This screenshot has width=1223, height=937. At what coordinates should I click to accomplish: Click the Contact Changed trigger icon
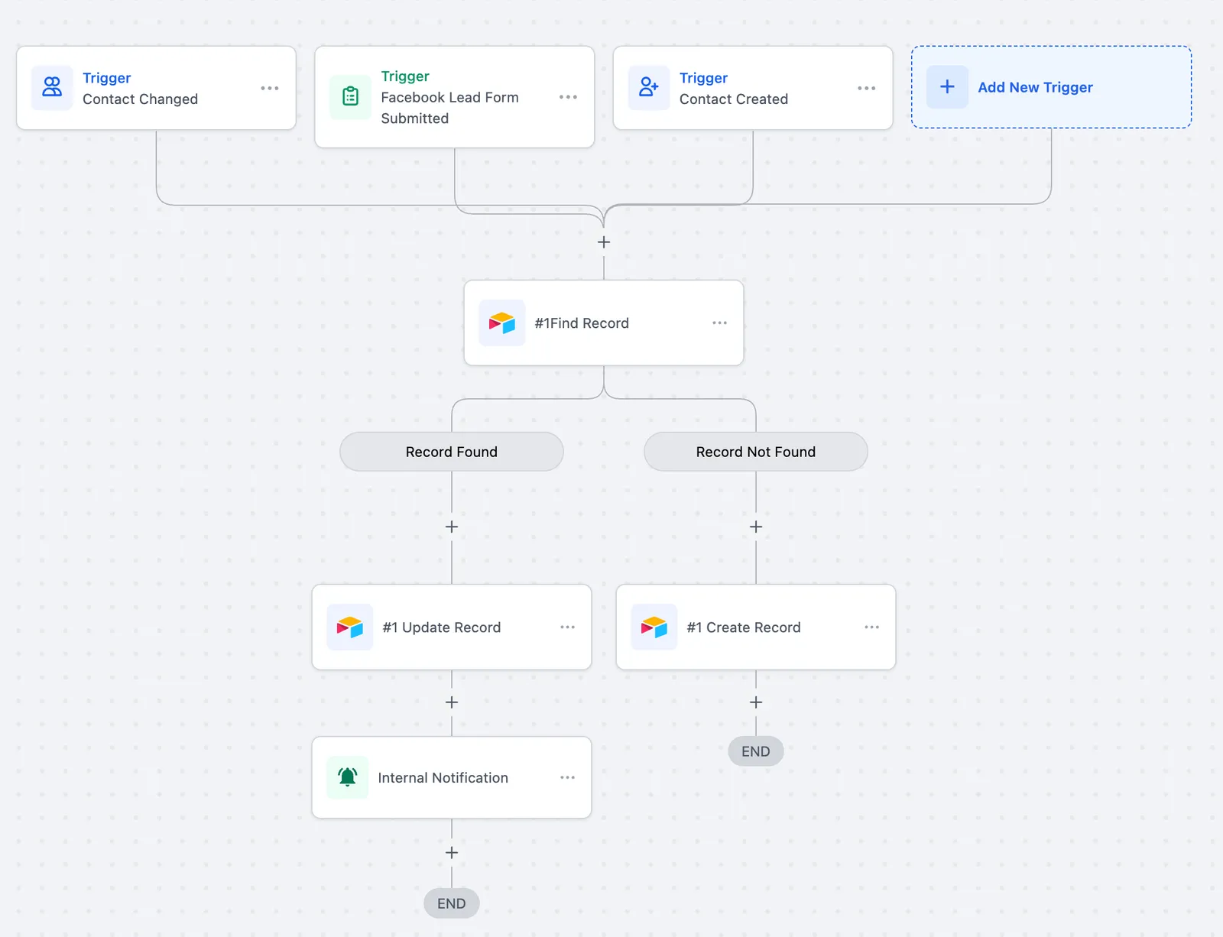52,87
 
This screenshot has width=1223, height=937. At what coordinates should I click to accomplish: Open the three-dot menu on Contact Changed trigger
270,89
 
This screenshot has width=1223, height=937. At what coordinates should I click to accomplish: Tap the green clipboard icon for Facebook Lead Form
350,96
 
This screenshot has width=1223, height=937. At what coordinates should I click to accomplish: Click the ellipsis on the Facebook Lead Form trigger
568,97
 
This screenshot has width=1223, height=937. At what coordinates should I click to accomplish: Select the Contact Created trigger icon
648,87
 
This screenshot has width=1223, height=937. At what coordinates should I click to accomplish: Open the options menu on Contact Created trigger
866,89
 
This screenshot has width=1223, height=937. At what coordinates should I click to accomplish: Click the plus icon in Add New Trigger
947,86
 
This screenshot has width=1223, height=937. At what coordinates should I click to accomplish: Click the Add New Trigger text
1035,87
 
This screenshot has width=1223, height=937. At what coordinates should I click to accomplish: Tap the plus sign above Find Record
603,242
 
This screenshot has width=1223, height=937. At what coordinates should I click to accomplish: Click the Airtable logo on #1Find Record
501,323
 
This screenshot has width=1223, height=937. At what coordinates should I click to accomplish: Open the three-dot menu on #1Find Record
719,323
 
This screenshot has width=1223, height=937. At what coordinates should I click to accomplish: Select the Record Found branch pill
452,452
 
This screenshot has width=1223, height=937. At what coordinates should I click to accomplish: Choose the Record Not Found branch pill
755,452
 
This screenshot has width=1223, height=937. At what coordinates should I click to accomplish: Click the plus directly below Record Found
452,527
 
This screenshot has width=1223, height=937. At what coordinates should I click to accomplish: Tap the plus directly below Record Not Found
755,527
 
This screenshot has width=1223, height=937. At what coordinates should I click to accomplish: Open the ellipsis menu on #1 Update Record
567,627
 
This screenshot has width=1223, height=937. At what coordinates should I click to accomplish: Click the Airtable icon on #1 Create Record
654,627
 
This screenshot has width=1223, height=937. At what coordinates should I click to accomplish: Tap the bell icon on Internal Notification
347,777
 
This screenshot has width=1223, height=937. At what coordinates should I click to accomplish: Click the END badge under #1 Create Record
755,751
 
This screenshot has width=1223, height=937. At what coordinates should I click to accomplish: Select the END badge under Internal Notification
452,903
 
